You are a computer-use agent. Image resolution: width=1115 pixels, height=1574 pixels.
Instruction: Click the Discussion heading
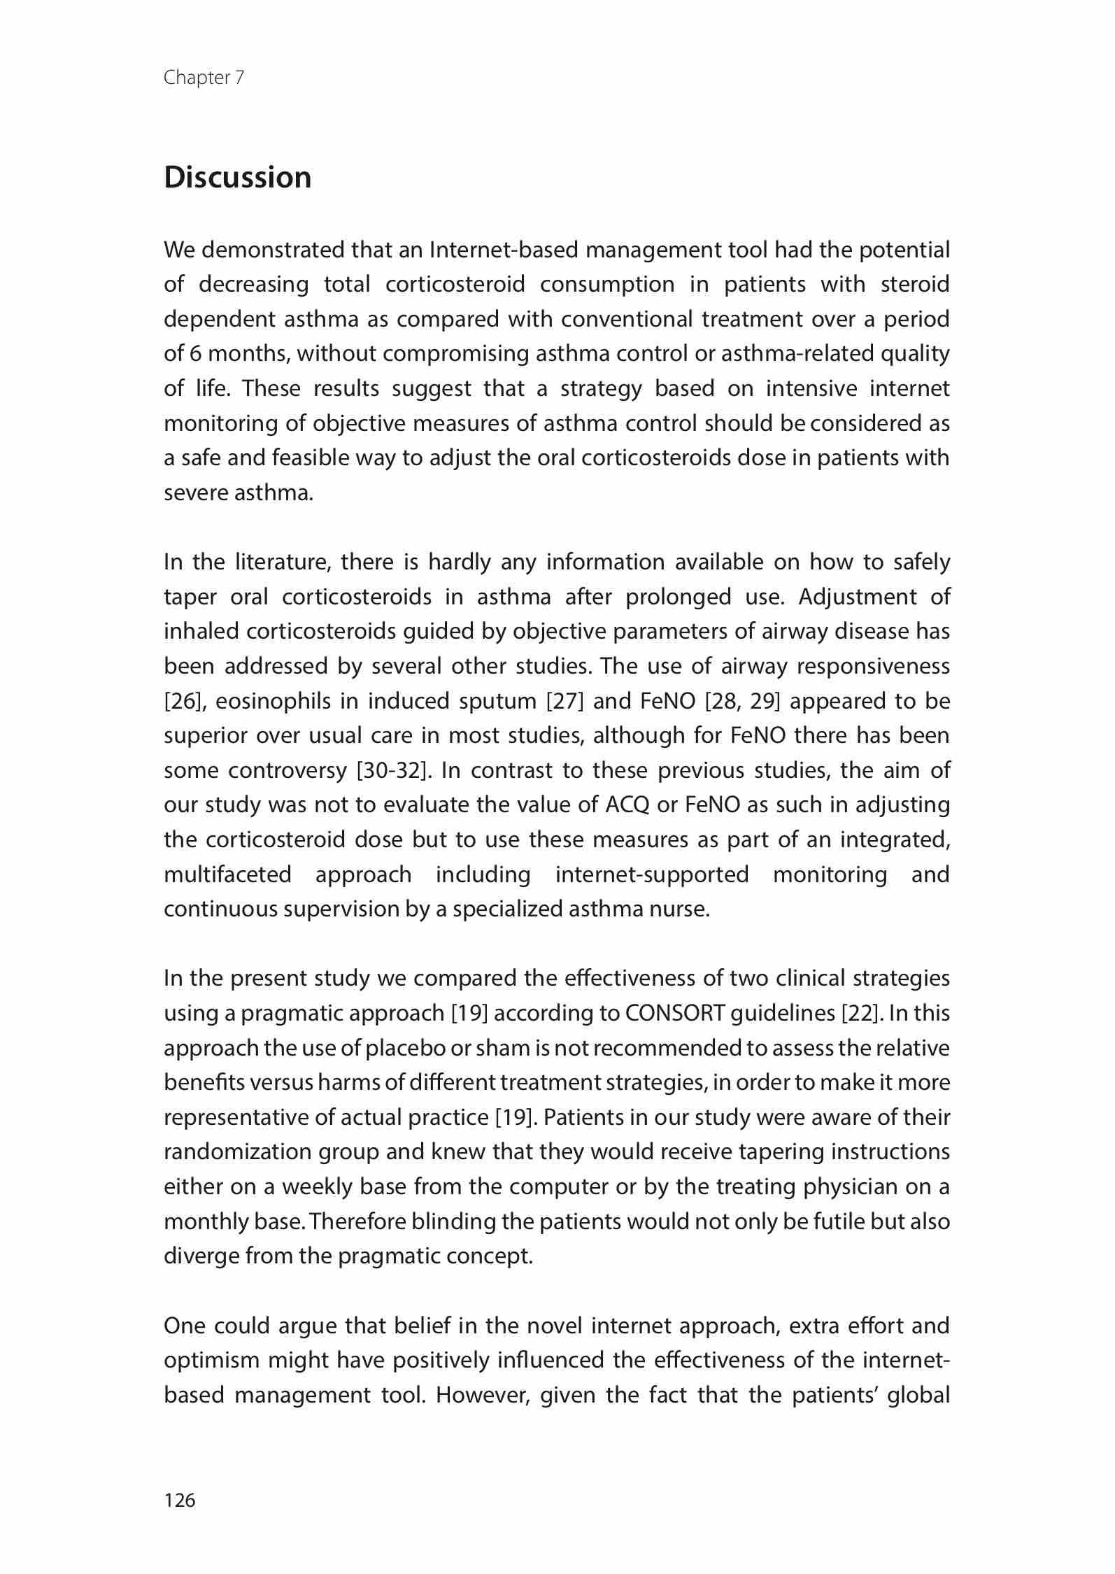pos(237,178)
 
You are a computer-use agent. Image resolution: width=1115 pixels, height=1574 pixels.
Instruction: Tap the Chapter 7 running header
pos(204,78)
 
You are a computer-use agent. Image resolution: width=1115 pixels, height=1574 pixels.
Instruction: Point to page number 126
pos(180,1500)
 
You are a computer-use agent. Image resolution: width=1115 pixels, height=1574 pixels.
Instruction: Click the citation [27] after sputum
pos(564,701)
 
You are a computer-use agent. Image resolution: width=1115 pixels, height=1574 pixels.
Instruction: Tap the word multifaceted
pos(227,874)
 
